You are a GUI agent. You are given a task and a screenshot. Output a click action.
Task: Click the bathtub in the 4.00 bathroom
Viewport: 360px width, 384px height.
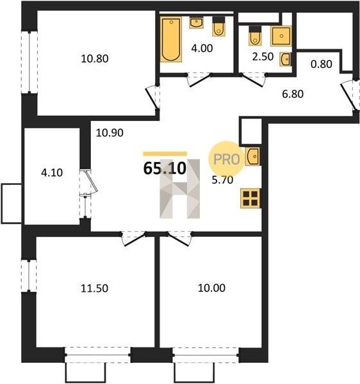coord(171,39)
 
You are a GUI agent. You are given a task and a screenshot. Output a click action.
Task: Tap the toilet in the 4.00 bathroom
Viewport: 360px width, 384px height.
coord(218,26)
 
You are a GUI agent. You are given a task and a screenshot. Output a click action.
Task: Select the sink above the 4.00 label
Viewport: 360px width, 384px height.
coord(196,23)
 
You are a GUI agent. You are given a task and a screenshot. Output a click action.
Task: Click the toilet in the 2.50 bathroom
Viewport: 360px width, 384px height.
coord(255,36)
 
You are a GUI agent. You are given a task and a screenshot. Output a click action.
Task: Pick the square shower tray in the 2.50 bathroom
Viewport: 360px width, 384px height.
coord(281,36)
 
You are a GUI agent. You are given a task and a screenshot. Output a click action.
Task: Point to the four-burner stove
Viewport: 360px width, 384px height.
coord(250,198)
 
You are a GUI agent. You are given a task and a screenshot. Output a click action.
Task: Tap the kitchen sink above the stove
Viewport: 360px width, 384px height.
coord(252,156)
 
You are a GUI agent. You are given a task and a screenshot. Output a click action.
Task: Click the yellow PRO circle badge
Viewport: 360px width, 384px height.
coord(226,159)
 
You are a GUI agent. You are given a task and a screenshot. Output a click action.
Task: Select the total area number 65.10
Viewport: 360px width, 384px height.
coord(165,168)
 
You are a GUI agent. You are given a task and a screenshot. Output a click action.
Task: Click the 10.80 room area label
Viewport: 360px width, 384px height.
coord(95,59)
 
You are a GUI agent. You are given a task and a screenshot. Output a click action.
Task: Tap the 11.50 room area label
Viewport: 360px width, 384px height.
coord(94,288)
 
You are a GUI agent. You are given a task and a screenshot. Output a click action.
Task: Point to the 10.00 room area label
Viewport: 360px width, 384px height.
coord(211,288)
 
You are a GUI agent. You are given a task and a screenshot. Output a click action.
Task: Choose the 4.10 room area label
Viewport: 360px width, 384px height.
coord(52,173)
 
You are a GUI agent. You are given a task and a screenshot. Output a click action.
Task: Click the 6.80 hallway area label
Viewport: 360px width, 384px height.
coord(293,94)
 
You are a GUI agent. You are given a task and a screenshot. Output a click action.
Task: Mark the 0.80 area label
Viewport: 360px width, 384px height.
coord(322,64)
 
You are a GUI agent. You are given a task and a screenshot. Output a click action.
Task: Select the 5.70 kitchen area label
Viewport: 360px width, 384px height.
coord(222,180)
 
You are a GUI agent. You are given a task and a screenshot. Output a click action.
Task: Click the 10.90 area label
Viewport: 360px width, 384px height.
coord(110,132)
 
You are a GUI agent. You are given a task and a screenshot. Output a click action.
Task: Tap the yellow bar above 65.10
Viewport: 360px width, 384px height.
coord(165,154)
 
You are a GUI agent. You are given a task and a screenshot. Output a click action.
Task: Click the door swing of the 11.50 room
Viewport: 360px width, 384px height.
coord(134,238)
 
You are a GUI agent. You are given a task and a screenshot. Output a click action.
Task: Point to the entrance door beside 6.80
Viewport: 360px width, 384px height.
coord(348,96)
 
